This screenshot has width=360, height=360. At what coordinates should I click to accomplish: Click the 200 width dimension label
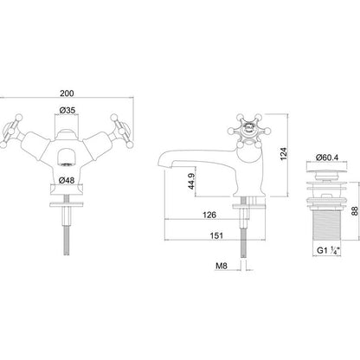tap(67, 93)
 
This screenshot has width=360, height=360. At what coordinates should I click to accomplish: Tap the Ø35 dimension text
tap(67, 110)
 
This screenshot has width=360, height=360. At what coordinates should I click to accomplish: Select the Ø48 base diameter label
tap(67, 180)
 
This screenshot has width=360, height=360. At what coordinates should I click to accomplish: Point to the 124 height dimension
tap(284, 154)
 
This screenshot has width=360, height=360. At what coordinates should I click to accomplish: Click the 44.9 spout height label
tap(191, 181)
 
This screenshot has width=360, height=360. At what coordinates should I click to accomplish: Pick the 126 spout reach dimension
tap(209, 215)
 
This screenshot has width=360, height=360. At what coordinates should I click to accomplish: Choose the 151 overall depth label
tap(216, 235)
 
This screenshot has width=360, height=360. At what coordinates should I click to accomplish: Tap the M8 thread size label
tap(222, 266)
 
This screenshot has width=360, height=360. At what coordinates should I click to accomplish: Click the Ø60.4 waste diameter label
tap(327, 157)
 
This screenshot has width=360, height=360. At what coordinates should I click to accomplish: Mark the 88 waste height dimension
tap(355, 210)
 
